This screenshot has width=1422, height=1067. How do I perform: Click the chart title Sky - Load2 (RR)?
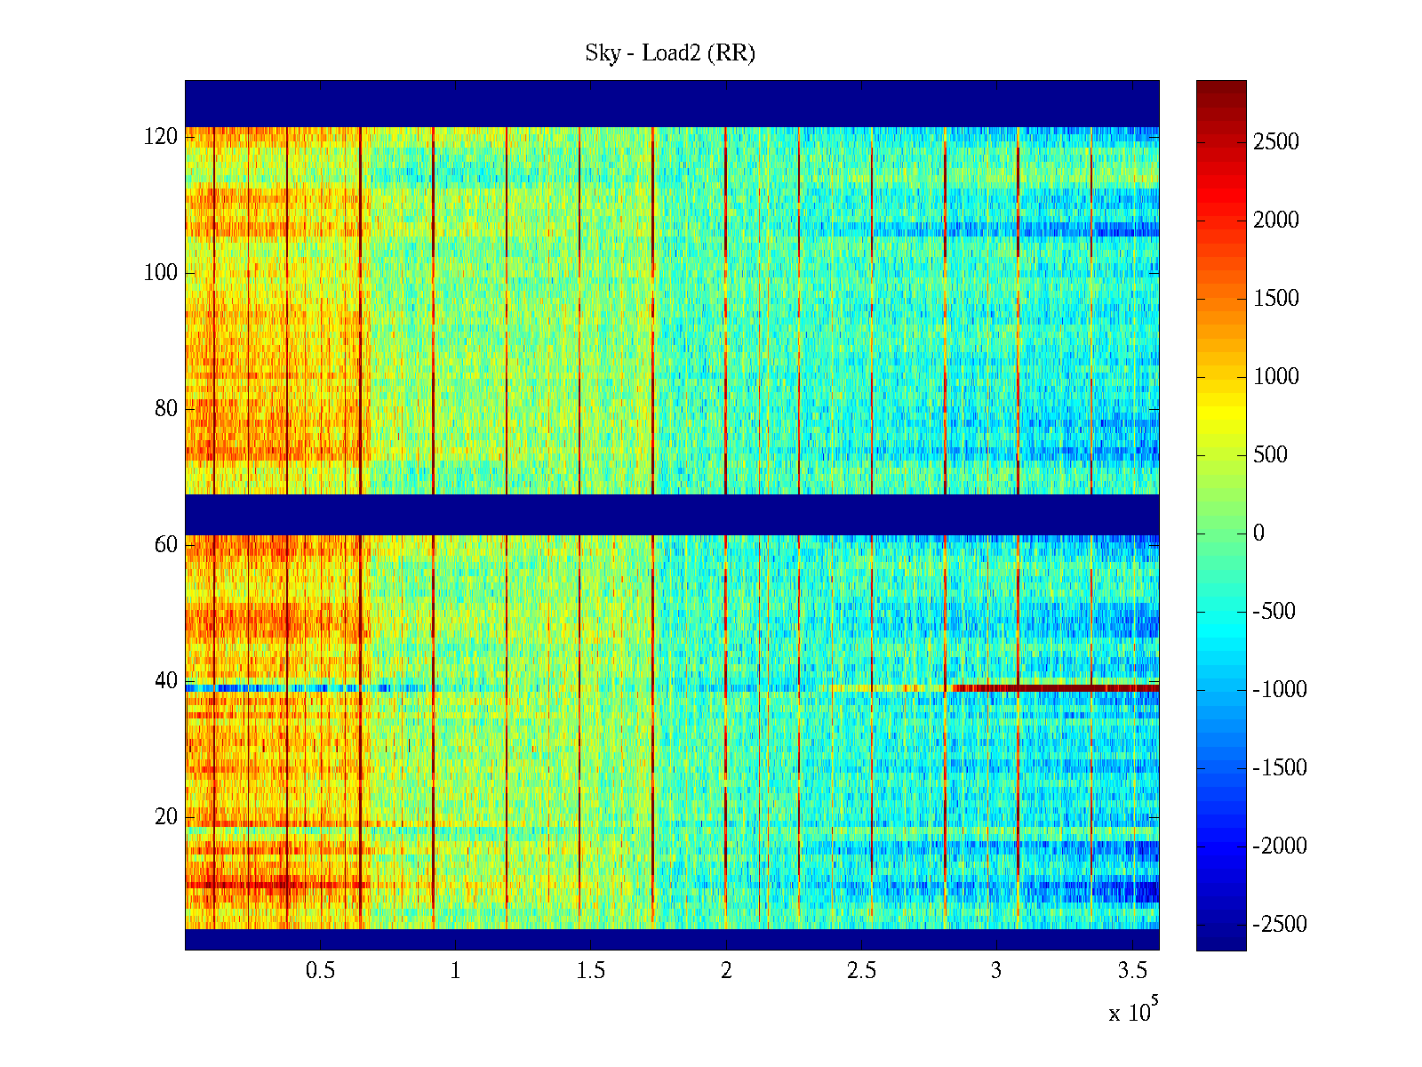tap(670, 53)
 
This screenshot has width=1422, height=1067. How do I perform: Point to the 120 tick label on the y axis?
tap(161, 137)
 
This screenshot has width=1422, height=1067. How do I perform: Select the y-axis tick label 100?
tap(161, 273)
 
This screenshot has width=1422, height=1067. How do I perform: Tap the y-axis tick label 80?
tap(166, 409)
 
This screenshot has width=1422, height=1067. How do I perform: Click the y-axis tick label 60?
tap(166, 545)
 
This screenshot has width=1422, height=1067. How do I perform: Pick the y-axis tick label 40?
tap(166, 681)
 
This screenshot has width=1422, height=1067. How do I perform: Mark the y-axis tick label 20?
tap(166, 817)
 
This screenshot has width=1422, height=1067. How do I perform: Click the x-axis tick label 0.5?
tap(320, 971)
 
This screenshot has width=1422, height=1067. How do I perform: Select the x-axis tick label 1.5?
tap(591, 971)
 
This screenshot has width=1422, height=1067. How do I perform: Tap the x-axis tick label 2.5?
tap(861, 971)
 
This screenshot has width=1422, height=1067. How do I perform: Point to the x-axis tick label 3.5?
tap(1132, 971)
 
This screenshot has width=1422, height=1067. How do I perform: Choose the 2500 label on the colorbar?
tap(1275, 142)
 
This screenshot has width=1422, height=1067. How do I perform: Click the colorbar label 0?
tap(1258, 533)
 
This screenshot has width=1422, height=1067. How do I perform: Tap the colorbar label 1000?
tap(1275, 377)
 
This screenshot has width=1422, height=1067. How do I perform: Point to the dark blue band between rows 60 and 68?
tap(672, 515)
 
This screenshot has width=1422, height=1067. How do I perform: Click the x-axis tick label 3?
tap(996, 971)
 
